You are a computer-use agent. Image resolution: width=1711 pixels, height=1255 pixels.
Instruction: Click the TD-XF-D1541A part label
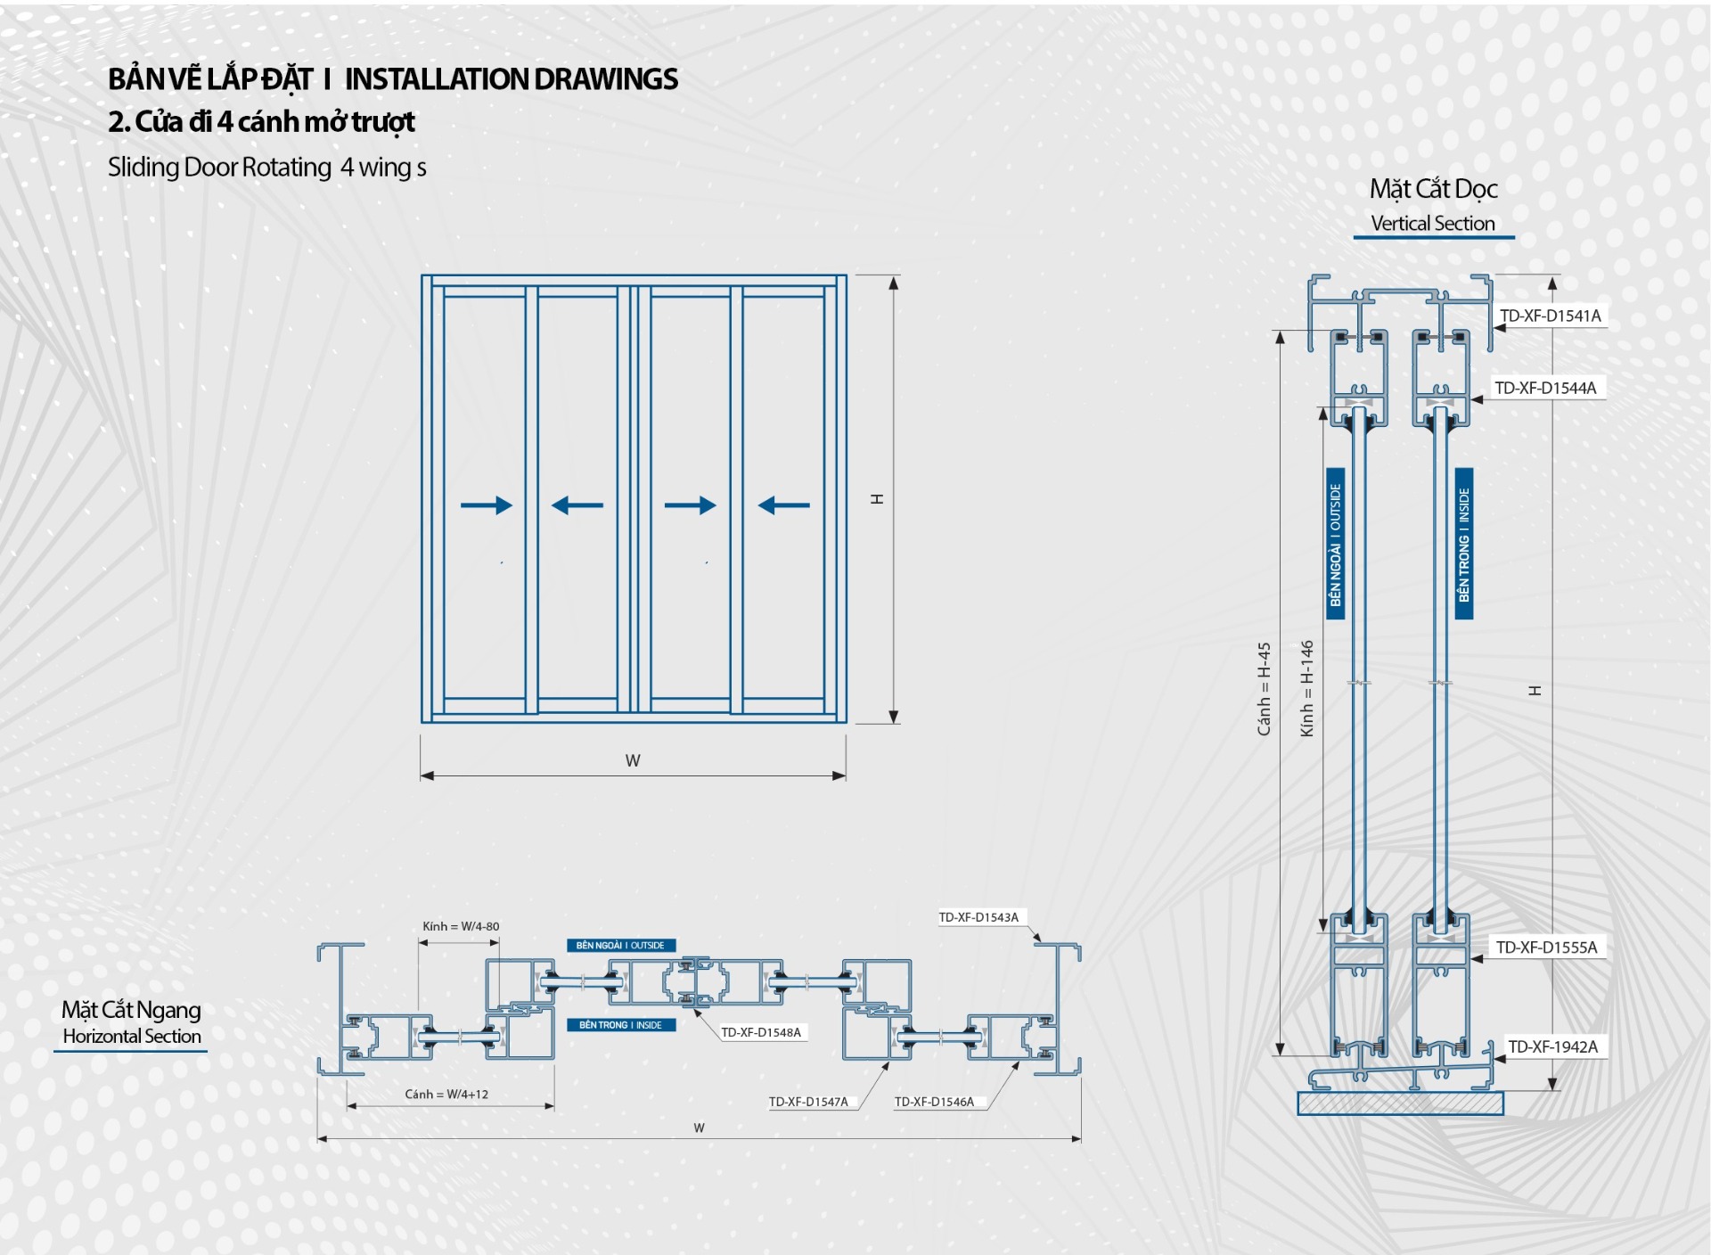[1550, 316]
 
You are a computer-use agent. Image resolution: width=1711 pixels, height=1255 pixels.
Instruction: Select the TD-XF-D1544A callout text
[1545, 388]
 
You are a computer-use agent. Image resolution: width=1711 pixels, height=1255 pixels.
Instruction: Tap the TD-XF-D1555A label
[1546, 947]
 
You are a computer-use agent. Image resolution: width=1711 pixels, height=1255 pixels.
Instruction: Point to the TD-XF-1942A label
[1552, 1046]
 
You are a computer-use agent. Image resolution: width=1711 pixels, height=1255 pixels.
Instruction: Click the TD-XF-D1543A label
[978, 917]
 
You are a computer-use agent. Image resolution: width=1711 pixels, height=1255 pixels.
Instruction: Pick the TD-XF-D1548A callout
[760, 1032]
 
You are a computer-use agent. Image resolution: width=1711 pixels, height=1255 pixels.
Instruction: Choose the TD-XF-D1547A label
[808, 1102]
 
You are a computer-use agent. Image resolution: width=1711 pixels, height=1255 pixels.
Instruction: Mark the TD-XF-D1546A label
[934, 1102]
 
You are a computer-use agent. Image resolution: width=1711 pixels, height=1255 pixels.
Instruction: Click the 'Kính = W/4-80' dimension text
[461, 926]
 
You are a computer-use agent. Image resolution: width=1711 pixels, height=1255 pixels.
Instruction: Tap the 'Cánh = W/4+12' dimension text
[446, 1094]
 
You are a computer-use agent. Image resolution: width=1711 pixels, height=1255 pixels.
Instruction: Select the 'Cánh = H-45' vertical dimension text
[1264, 689]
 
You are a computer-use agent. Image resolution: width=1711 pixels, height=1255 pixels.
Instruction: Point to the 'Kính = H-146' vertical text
[1306, 688]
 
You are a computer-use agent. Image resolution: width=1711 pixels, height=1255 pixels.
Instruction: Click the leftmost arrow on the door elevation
[487, 505]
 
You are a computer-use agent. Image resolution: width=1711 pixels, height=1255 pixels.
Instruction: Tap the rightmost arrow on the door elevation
[784, 505]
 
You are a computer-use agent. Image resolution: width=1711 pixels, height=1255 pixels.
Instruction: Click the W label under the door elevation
[633, 760]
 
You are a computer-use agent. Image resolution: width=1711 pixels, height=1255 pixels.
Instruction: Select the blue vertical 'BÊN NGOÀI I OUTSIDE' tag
[1335, 544]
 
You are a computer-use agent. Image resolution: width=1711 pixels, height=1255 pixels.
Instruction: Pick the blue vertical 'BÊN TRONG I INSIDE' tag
[1463, 544]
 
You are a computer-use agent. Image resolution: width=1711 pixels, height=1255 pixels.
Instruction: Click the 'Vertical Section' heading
[1433, 224]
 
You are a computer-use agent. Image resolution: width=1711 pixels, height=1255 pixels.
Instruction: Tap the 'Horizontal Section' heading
[132, 1036]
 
